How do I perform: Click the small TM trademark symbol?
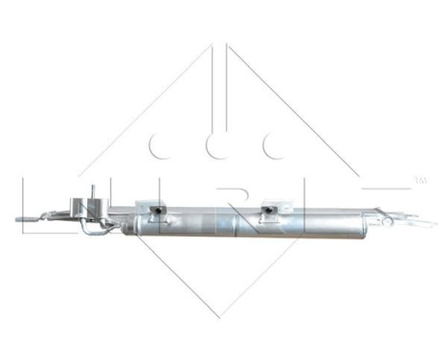click(417, 179)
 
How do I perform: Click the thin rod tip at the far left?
click(18, 220)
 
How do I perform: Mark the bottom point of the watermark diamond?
click(222, 317)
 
